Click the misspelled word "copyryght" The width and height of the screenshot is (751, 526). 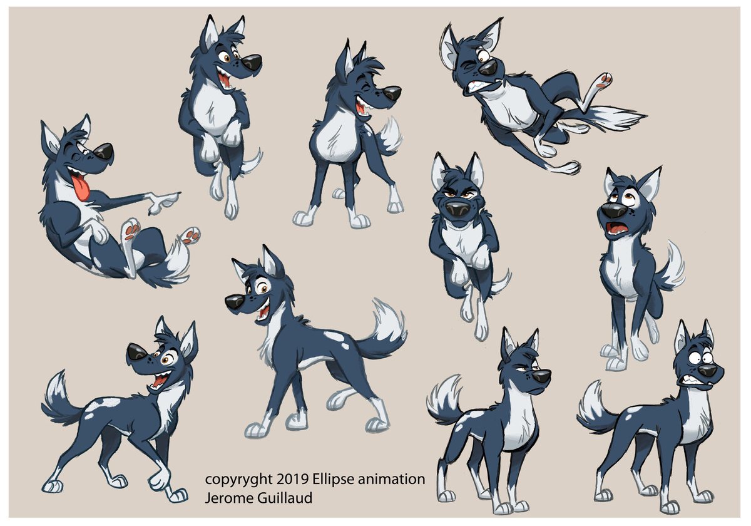coord(238,480)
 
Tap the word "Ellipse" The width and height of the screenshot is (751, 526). coord(334,480)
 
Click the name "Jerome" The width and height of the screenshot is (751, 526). coord(228,498)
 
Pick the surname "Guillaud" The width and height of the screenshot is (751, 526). coord(285,498)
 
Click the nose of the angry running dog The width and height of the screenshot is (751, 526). coord(457,211)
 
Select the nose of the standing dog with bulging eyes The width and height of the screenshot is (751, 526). coord(707,371)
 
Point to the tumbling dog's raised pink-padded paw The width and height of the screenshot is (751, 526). coord(603,81)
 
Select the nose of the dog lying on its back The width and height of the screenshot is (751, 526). coord(103,153)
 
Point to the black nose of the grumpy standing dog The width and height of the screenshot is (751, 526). coord(541,376)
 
